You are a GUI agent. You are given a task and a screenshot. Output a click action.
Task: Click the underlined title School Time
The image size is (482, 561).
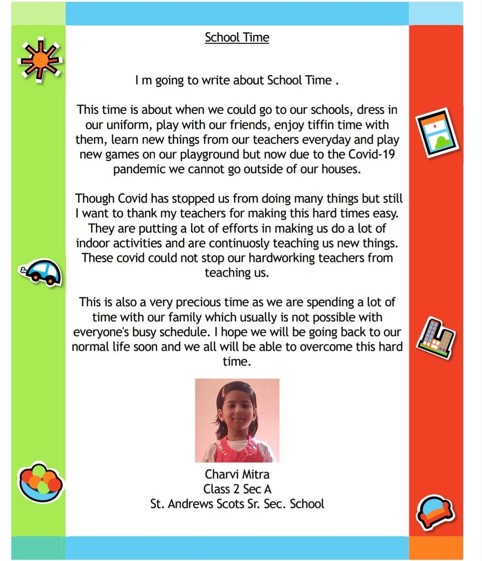point(237,37)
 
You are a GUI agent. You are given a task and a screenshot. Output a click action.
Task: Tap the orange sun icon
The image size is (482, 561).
point(40,60)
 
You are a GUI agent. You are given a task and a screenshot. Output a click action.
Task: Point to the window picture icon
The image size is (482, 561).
point(437,132)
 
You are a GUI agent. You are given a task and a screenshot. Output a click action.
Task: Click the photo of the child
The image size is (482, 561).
point(237,420)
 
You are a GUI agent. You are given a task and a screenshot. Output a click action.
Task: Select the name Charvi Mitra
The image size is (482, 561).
point(237,474)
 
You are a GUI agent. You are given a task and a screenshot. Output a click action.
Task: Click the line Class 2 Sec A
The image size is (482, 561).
point(237,489)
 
